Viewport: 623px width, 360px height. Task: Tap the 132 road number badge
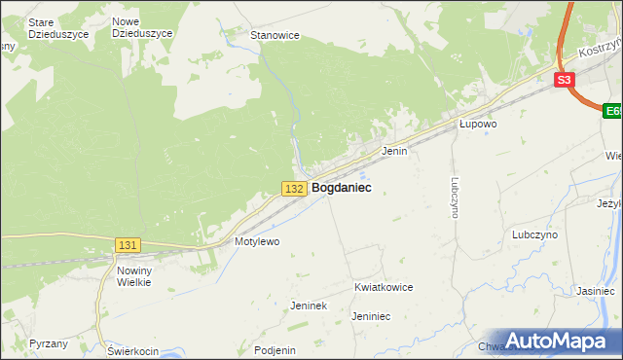coord(297,188)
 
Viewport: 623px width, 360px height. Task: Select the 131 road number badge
coord(128,246)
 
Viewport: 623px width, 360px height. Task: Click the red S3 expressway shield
coord(565,81)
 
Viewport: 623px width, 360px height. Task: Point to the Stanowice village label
coord(275,35)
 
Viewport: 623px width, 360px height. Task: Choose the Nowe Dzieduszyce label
coord(142,27)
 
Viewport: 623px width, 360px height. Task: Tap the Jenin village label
coord(393,152)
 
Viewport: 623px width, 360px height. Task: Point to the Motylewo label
coord(257,240)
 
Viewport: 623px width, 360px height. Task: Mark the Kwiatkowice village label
coord(384,288)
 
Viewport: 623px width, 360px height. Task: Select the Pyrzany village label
coord(48,343)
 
